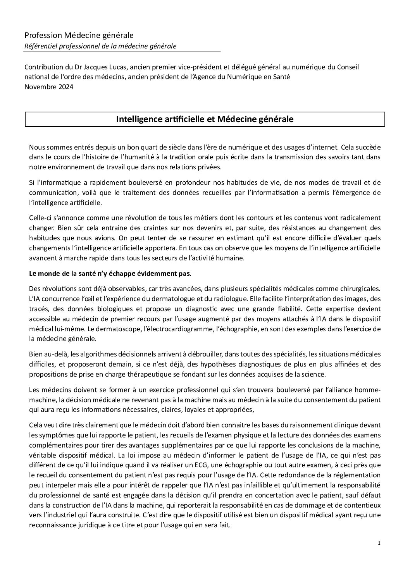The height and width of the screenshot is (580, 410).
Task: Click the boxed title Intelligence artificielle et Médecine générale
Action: point(205,119)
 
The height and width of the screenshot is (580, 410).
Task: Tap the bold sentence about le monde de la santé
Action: point(110,273)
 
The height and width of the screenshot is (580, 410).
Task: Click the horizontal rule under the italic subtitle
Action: point(122,52)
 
